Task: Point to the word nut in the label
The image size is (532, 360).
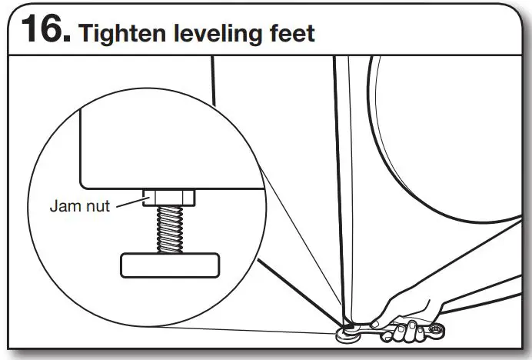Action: (98, 206)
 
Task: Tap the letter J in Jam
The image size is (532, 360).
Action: (54, 206)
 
